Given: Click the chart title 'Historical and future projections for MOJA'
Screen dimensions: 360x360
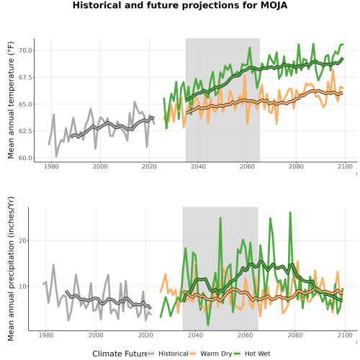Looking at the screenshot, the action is (180, 5).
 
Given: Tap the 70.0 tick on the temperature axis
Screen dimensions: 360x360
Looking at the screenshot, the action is (25, 50).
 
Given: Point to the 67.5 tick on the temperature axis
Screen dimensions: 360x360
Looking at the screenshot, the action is (25, 78).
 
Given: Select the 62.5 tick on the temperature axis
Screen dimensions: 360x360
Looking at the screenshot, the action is (25, 131).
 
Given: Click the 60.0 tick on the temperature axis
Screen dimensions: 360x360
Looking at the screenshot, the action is (25, 158).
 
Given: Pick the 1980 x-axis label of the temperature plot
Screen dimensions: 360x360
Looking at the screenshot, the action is (51, 166).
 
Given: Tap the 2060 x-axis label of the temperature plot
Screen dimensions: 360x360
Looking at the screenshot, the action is (247, 166).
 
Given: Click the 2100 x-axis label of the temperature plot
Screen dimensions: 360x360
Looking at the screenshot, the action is (345, 166).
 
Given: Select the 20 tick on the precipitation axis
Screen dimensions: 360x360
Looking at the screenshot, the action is (22, 241).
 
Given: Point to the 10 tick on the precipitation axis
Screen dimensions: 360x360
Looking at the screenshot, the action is (22, 287).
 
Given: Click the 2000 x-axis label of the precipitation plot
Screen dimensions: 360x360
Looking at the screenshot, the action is (96, 335).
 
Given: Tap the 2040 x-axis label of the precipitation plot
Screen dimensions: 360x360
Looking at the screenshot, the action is (196, 335).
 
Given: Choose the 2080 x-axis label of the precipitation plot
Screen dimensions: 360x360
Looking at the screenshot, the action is (295, 335).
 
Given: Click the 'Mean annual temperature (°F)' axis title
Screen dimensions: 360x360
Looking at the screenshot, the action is (11, 100).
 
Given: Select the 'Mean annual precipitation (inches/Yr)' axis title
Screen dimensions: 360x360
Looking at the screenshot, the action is (11, 269).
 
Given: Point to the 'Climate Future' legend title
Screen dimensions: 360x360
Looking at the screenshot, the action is (120, 354).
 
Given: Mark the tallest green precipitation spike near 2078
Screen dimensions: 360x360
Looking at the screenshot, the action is (290, 212).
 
